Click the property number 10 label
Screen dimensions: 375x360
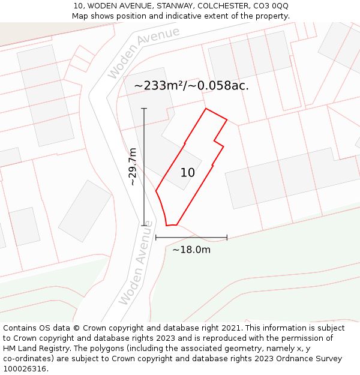click(x=187, y=173)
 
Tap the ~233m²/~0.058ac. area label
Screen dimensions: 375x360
click(x=191, y=86)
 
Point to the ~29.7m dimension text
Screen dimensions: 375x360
click(x=133, y=167)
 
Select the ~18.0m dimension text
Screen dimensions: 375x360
click(x=191, y=250)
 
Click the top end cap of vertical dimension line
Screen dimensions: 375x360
click(x=144, y=109)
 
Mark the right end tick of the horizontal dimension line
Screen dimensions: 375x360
click(x=227, y=238)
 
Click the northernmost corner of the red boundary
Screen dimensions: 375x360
click(x=206, y=109)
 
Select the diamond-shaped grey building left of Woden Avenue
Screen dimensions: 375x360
click(x=85, y=211)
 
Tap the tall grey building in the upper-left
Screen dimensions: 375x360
click(x=46, y=95)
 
